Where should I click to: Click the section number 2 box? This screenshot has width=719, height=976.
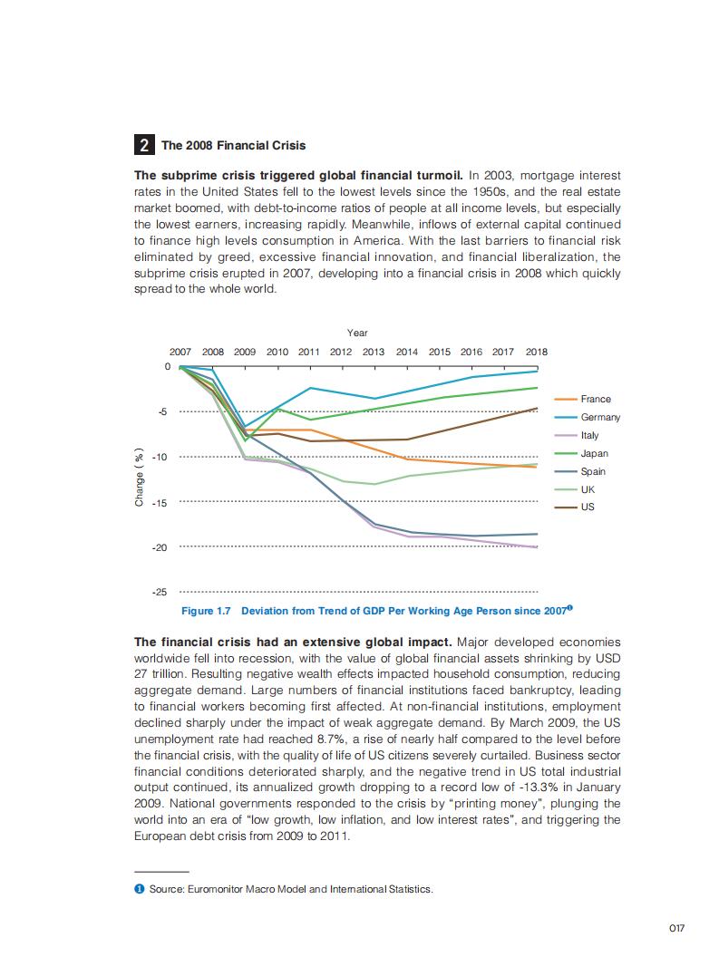(144, 145)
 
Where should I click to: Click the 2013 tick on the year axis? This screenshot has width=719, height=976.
(374, 352)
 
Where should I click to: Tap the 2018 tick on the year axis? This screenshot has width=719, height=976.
(536, 352)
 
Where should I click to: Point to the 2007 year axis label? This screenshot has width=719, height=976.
(180, 352)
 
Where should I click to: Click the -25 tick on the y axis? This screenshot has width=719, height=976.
(160, 592)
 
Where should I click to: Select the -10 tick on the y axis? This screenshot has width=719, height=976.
(160, 457)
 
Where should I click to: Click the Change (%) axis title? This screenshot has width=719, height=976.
(140, 478)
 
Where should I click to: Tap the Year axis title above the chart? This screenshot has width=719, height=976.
(357, 333)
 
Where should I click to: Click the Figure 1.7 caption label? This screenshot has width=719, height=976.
(207, 611)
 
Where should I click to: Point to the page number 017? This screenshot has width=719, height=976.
(675, 928)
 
